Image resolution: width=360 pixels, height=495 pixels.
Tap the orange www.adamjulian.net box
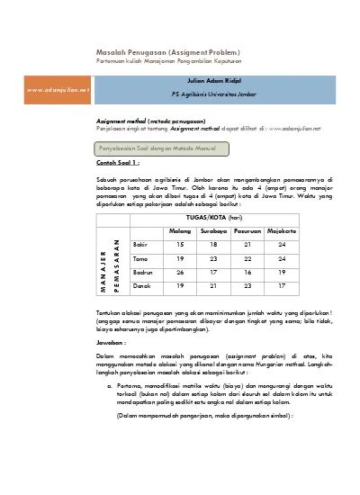(x=59, y=90)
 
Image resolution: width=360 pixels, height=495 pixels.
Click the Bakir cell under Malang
(x=181, y=245)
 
